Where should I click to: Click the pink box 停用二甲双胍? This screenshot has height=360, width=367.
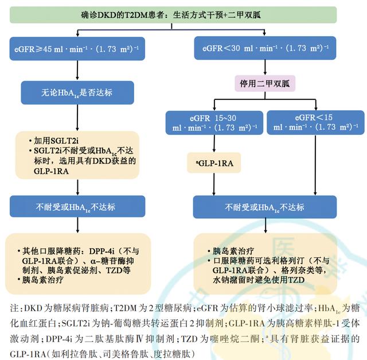click(264, 83)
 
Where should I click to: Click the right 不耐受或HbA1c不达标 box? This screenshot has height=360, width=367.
click(264, 207)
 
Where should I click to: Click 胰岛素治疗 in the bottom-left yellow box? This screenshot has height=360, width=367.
click(47, 281)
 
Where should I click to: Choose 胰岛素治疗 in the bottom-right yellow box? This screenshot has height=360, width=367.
click(234, 251)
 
